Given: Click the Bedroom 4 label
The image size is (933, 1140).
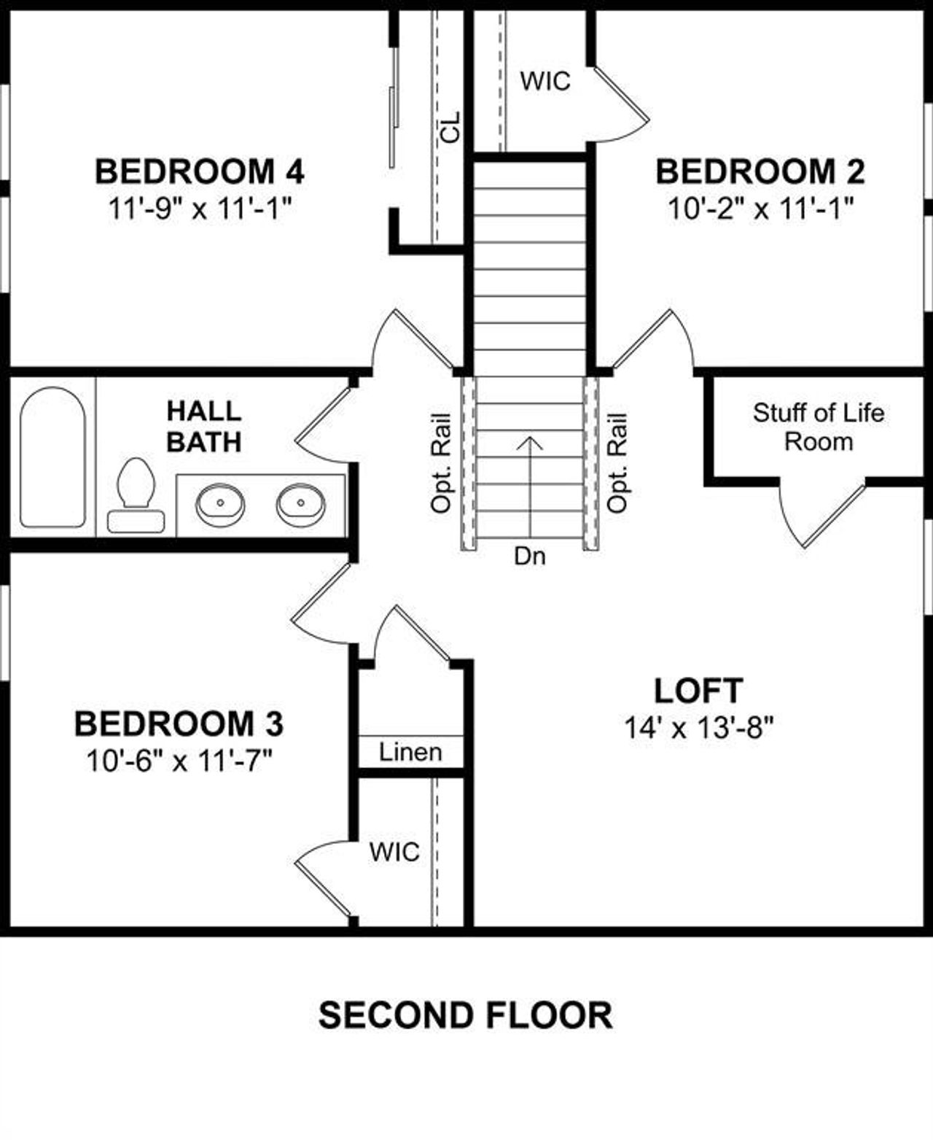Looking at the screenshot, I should point(199,172).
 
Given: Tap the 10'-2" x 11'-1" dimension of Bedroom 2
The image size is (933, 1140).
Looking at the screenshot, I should point(760,210).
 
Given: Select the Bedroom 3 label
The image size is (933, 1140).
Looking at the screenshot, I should point(179,724).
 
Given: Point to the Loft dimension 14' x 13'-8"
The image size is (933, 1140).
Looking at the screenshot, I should point(698,727).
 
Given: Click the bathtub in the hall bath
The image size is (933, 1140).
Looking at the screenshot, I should point(52,457).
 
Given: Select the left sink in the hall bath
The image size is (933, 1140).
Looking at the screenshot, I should point(220,504).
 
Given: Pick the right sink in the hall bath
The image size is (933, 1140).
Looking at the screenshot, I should point(300,504).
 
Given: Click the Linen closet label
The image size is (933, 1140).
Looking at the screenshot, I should point(410,752).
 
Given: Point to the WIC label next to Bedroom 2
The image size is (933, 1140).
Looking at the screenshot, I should point(545,81).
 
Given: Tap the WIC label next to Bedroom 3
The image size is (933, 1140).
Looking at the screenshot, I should point(394,851).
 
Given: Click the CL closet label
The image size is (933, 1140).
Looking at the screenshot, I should point(451,127).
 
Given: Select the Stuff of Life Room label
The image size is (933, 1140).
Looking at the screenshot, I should point(818,427).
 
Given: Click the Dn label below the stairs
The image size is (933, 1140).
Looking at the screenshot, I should point(529,557).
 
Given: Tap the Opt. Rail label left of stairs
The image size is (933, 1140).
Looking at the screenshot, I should point(442,463).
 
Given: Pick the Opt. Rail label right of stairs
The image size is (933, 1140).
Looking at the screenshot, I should point(617,463).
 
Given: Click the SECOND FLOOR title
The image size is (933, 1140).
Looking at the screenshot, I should point(465,1015).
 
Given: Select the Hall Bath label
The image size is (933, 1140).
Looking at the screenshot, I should point(203,427).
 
